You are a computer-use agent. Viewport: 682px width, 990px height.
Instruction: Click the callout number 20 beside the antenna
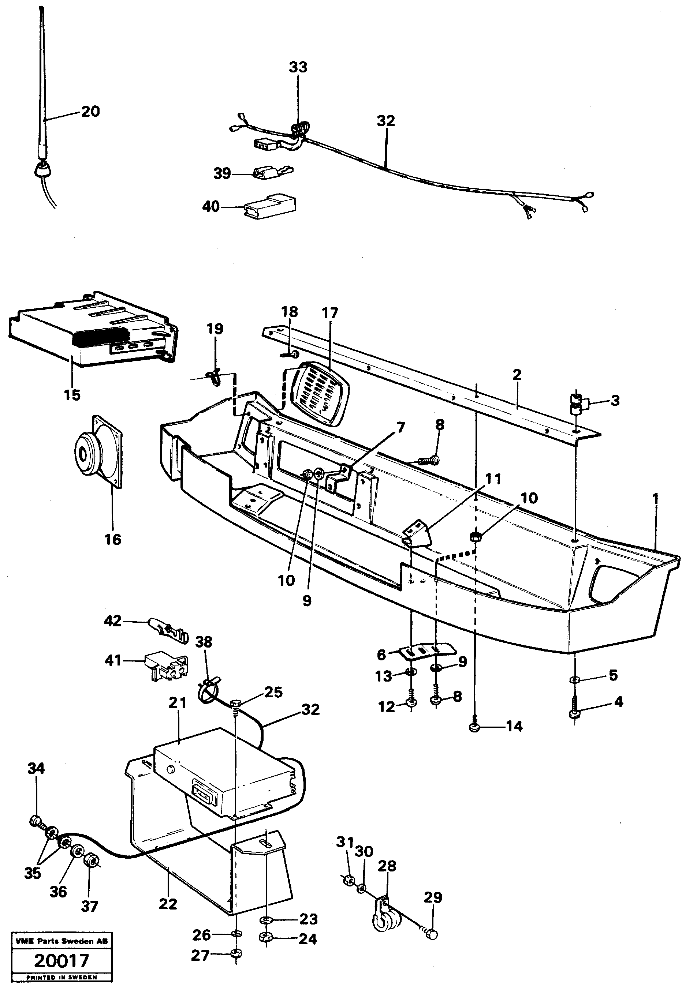[90, 112]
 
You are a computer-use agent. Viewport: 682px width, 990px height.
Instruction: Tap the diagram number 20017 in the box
[61, 961]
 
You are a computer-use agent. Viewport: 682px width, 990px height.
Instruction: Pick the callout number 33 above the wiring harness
[298, 67]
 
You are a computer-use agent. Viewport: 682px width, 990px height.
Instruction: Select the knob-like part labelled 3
[578, 403]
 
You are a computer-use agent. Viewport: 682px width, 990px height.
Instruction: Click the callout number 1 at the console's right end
[655, 499]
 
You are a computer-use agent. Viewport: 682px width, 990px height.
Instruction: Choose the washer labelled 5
[575, 679]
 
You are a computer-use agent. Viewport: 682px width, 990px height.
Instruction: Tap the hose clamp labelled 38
[209, 693]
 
